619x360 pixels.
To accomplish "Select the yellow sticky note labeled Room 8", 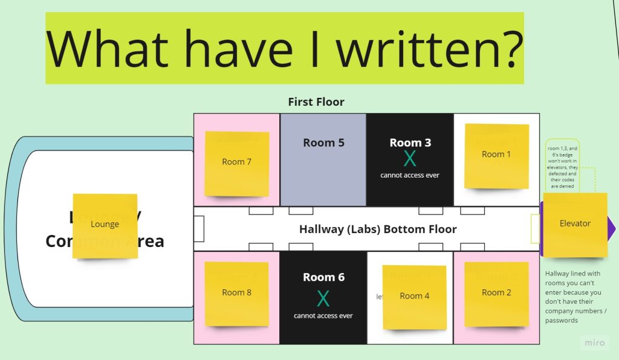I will point(236,294).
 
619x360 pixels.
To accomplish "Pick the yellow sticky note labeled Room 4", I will point(414,297).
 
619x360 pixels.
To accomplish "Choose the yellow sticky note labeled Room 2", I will point(496,294).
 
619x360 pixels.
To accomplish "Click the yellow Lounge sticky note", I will point(105,225).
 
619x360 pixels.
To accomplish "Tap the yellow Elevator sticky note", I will point(574,224).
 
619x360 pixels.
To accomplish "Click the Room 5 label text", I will point(323,143).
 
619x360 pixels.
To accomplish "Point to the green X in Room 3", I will point(410,159).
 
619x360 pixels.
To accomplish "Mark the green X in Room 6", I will point(323,298).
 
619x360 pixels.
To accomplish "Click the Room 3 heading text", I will point(410,143).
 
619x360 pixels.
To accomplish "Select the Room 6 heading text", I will point(323,277).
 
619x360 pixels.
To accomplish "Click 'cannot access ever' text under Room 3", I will point(410,175).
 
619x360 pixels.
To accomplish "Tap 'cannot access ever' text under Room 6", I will point(323,316).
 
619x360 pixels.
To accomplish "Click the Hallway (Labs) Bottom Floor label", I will point(378,230).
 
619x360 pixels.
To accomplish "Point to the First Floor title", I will point(316,101).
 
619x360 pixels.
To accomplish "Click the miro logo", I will point(594,342).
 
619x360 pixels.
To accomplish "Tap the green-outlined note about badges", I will point(562,168).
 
